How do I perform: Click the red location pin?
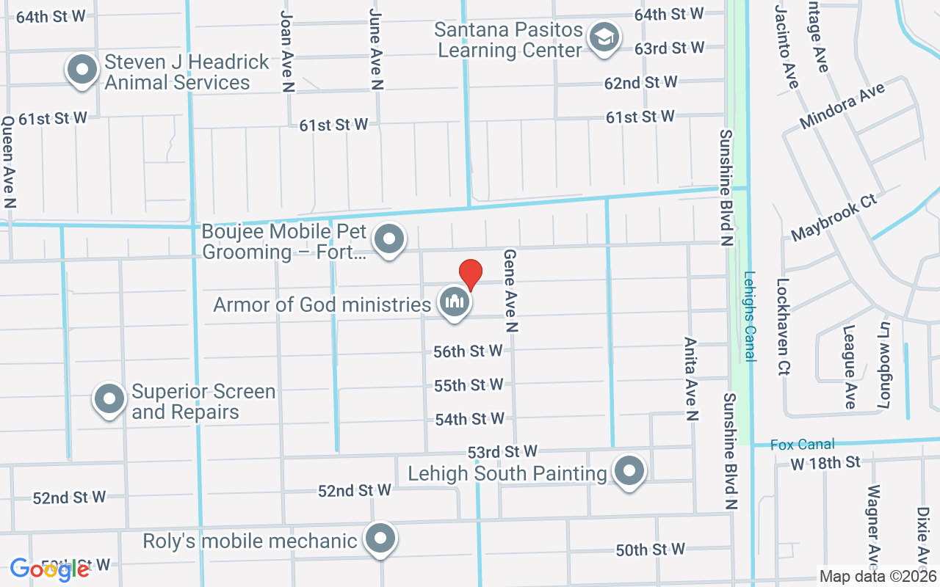(470, 274)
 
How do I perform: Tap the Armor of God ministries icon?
(455, 302)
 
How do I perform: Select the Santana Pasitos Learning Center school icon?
(605, 37)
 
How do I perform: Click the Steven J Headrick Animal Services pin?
(82, 70)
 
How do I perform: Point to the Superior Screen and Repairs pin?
(109, 399)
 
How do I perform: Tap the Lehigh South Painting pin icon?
(629, 470)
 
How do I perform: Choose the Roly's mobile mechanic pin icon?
(380, 539)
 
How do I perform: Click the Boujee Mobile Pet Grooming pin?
(389, 239)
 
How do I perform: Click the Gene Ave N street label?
(510, 291)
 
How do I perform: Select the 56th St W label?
(468, 351)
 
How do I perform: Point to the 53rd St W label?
(503, 451)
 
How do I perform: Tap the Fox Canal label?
(803, 444)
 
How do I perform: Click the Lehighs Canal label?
(749, 316)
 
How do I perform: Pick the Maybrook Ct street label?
(834, 218)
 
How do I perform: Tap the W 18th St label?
(825, 463)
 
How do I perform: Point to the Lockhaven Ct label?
(783, 327)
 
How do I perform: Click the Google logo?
(50, 569)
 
